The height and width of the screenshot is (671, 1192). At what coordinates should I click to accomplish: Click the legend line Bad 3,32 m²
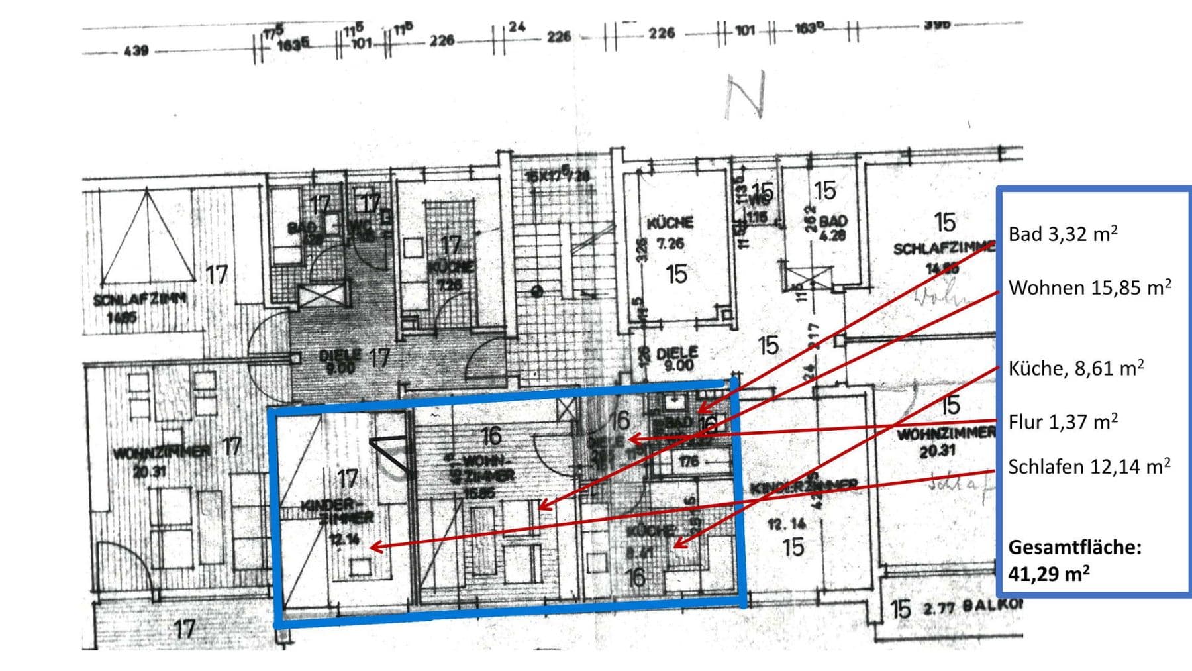(x=1062, y=234)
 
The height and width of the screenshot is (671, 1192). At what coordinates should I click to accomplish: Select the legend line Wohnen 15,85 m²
(x=1089, y=287)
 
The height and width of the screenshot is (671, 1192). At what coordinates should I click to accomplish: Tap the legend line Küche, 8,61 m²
(x=1075, y=368)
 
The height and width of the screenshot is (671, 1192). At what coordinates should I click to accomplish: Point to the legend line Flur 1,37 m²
(x=1062, y=421)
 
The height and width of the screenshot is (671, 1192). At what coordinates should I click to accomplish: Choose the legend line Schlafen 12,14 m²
(x=1089, y=466)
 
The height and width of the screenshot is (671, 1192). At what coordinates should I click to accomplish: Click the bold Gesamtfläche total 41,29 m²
(x=1074, y=560)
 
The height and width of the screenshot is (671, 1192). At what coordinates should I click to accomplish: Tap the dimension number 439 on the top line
(x=136, y=50)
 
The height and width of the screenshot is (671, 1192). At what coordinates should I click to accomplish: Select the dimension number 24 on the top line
(x=517, y=27)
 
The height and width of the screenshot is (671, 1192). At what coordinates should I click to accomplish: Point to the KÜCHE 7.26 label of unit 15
(x=670, y=232)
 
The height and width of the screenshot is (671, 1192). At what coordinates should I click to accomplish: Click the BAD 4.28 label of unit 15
(x=832, y=227)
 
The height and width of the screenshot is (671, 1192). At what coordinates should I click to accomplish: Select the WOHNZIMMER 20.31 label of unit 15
(x=944, y=442)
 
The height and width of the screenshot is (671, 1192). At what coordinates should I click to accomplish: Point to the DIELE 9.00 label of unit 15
(x=677, y=358)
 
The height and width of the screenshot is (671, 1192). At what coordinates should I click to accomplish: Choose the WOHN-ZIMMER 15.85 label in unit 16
(x=486, y=476)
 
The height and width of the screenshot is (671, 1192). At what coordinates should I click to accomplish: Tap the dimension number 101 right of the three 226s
(x=745, y=30)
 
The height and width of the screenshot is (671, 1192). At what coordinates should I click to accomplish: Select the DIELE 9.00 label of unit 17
(x=340, y=361)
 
